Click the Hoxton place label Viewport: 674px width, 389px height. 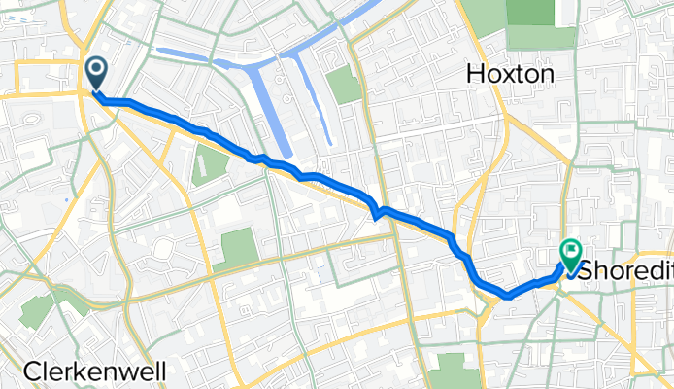pos(510,73)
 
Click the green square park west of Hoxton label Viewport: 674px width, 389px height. pos(344,86)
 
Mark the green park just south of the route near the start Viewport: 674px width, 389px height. pos(209,163)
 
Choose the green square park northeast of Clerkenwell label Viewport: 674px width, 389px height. pos(238,248)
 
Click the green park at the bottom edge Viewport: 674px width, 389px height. pos(450,372)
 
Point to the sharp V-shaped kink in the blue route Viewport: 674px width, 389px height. pos(376,211)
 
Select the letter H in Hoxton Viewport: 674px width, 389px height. pos(476,73)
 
